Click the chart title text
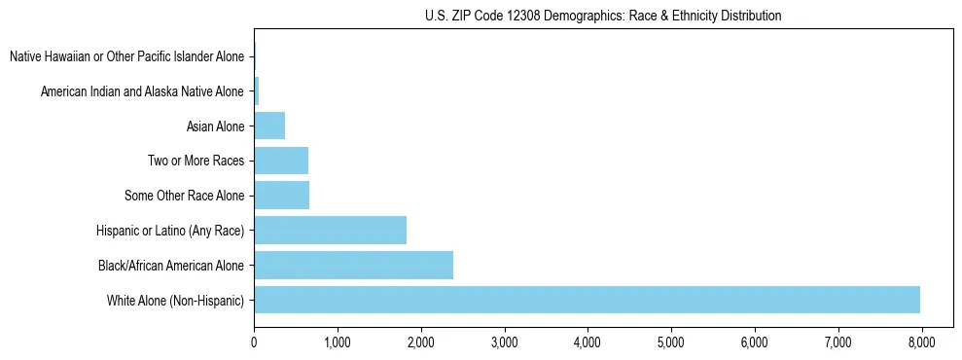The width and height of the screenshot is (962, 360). pyautogui.click(x=603, y=16)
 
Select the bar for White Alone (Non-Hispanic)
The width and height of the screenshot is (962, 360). pyautogui.click(x=587, y=300)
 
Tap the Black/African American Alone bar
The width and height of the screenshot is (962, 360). pyautogui.click(x=353, y=265)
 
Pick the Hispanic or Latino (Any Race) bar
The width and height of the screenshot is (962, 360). pyautogui.click(x=330, y=231)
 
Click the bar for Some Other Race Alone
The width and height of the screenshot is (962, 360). pyautogui.click(x=281, y=196)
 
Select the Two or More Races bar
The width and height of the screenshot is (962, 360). pyautogui.click(x=281, y=161)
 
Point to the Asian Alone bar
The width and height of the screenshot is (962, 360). pyautogui.click(x=269, y=126)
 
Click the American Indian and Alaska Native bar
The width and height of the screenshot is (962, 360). pyautogui.click(x=256, y=91)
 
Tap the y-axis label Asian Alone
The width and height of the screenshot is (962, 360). pyautogui.click(x=215, y=126)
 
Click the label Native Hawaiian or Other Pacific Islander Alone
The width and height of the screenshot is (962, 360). pyautogui.click(x=126, y=56)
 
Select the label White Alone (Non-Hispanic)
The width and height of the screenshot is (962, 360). pyautogui.click(x=176, y=301)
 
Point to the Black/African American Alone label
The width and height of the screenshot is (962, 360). pyautogui.click(x=171, y=266)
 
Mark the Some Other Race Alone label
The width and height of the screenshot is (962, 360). pyautogui.click(x=184, y=197)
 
